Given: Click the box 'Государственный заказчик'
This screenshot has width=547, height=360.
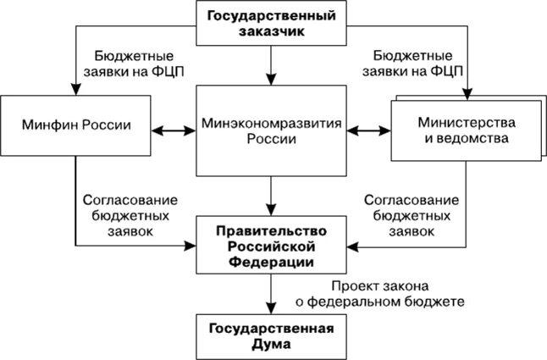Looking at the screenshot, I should click(271, 24).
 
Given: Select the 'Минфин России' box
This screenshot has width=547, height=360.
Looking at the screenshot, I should click(75, 126).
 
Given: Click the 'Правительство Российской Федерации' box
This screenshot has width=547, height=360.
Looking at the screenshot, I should click(272, 246).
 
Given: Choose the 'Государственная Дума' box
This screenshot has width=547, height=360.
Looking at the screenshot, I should click(272, 336).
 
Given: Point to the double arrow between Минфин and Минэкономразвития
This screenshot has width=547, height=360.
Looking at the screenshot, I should click(173, 130).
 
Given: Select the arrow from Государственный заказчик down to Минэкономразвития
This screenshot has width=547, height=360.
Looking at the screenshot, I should click(271, 64).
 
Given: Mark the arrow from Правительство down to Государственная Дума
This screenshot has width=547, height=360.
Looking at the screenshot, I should click(271, 293).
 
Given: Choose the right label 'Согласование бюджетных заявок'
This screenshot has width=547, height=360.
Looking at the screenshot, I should click(412, 217).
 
